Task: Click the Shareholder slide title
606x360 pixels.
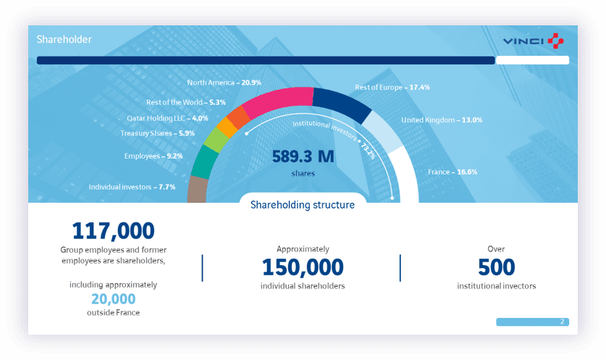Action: point(64,40)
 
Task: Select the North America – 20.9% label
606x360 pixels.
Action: point(224,83)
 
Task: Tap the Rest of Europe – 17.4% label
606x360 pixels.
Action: point(392,87)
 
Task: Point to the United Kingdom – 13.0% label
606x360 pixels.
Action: point(442,120)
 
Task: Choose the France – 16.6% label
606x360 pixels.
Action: point(453,172)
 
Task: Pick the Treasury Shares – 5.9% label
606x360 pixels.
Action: point(157,133)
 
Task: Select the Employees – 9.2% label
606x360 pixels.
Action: point(153,156)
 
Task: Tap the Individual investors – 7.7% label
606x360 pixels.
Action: point(132,186)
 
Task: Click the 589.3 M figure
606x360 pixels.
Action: point(303,156)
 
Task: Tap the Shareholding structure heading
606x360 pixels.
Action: point(303,205)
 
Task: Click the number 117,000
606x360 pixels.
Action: point(113,231)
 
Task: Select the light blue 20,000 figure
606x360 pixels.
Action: point(113,298)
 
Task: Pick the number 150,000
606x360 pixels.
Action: point(303,267)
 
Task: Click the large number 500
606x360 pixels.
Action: point(496,267)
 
